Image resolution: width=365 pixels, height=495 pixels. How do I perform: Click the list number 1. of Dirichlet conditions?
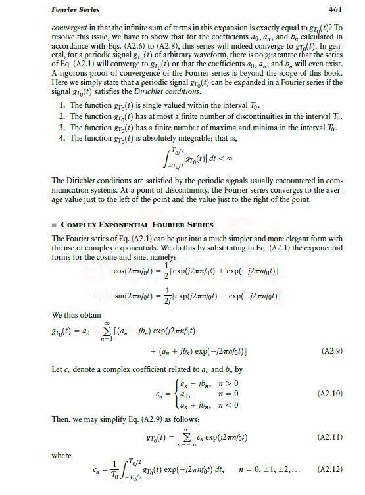[61, 105]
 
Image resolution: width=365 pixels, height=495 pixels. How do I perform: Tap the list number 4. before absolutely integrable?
[61, 139]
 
